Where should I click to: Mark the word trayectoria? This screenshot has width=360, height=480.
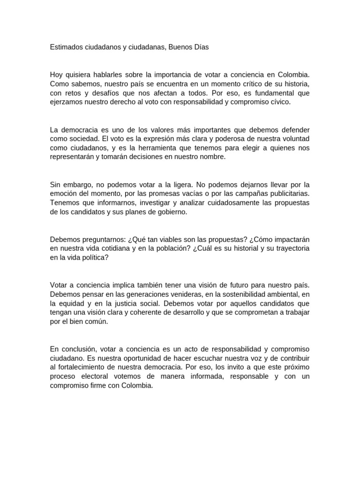point(289,248)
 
